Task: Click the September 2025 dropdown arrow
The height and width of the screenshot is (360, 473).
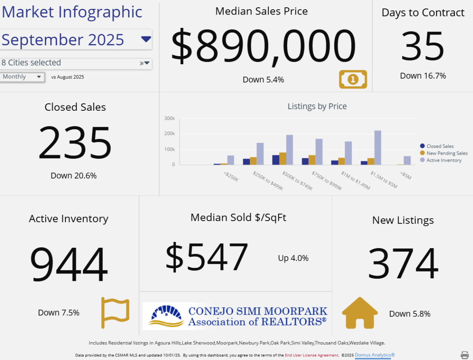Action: click(146, 39)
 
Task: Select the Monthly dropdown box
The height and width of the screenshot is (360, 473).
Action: click(22, 77)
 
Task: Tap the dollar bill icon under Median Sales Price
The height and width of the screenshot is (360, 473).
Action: click(353, 79)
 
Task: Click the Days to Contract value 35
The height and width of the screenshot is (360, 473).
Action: click(422, 46)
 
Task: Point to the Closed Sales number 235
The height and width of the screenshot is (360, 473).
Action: click(75, 143)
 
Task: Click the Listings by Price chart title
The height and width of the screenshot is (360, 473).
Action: click(317, 106)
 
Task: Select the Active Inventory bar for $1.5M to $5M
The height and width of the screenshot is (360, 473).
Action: click(378, 147)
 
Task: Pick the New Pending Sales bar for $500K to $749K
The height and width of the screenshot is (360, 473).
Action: click(283, 158)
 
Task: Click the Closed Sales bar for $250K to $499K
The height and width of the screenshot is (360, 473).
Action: click(246, 162)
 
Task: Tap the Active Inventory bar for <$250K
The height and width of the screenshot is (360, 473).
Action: click(230, 160)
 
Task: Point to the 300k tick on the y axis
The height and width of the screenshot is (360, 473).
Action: click(170, 118)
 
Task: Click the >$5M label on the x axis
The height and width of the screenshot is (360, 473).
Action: click(405, 176)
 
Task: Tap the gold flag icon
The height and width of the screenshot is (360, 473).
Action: click(115, 312)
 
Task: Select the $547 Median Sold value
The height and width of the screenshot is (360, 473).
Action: click(207, 257)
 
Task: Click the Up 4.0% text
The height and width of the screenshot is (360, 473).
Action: click(293, 258)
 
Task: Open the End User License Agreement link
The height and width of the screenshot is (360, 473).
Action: click(311, 355)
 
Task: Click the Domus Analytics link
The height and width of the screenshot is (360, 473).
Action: click(375, 355)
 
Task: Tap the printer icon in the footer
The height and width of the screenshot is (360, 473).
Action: click(465, 355)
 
